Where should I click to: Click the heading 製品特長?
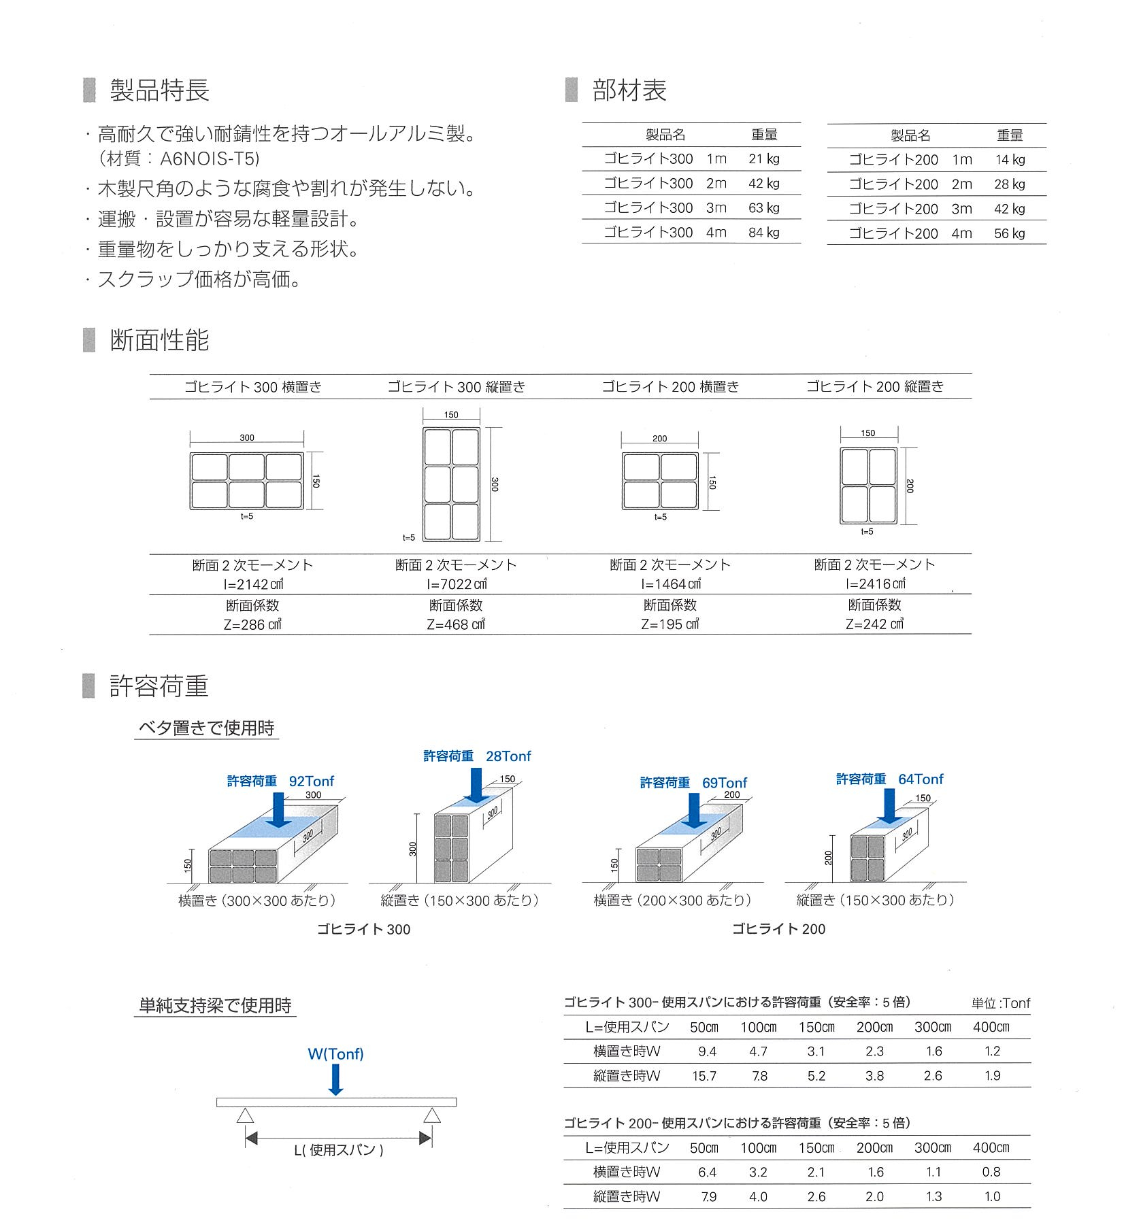(159, 90)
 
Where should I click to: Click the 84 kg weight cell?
(763, 233)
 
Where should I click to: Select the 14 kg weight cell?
(1009, 160)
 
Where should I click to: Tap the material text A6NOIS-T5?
(210, 158)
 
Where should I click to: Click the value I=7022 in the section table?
(457, 584)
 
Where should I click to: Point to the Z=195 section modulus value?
(670, 624)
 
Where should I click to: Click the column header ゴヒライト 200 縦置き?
(875, 386)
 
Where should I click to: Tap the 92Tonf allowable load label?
(312, 781)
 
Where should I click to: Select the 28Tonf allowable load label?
(508, 756)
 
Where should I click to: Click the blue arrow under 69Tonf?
(694, 810)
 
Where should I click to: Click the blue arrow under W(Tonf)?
(335, 1079)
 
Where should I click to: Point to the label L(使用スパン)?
(339, 1150)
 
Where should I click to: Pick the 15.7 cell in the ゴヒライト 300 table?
(707, 1076)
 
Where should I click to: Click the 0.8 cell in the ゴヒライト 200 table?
(991, 1172)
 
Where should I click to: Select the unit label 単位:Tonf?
(1001, 1003)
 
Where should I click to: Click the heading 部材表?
(629, 90)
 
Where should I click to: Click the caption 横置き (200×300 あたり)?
(672, 900)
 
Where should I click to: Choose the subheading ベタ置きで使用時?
(206, 728)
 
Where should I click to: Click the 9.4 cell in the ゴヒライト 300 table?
(707, 1051)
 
